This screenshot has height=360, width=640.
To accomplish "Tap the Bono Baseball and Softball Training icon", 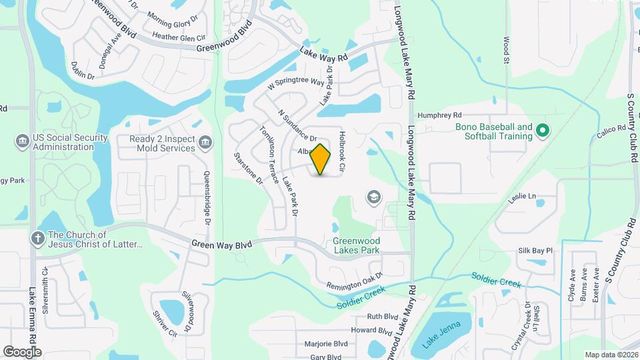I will (x=542, y=131).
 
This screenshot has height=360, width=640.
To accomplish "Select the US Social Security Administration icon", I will (x=20, y=141).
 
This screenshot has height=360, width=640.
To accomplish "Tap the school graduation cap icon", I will (x=373, y=197).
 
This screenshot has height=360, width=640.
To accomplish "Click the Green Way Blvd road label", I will (x=222, y=245).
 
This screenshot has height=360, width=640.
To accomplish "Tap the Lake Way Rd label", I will (x=324, y=54).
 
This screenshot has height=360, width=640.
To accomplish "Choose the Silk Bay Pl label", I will (x=535, y=251).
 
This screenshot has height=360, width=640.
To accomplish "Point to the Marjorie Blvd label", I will (x=326, y=344).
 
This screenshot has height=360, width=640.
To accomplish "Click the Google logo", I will (x=22, y=351).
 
